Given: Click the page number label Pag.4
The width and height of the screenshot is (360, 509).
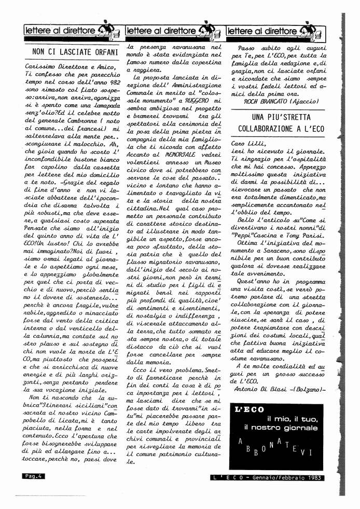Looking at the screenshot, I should click(x=32, y=475).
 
